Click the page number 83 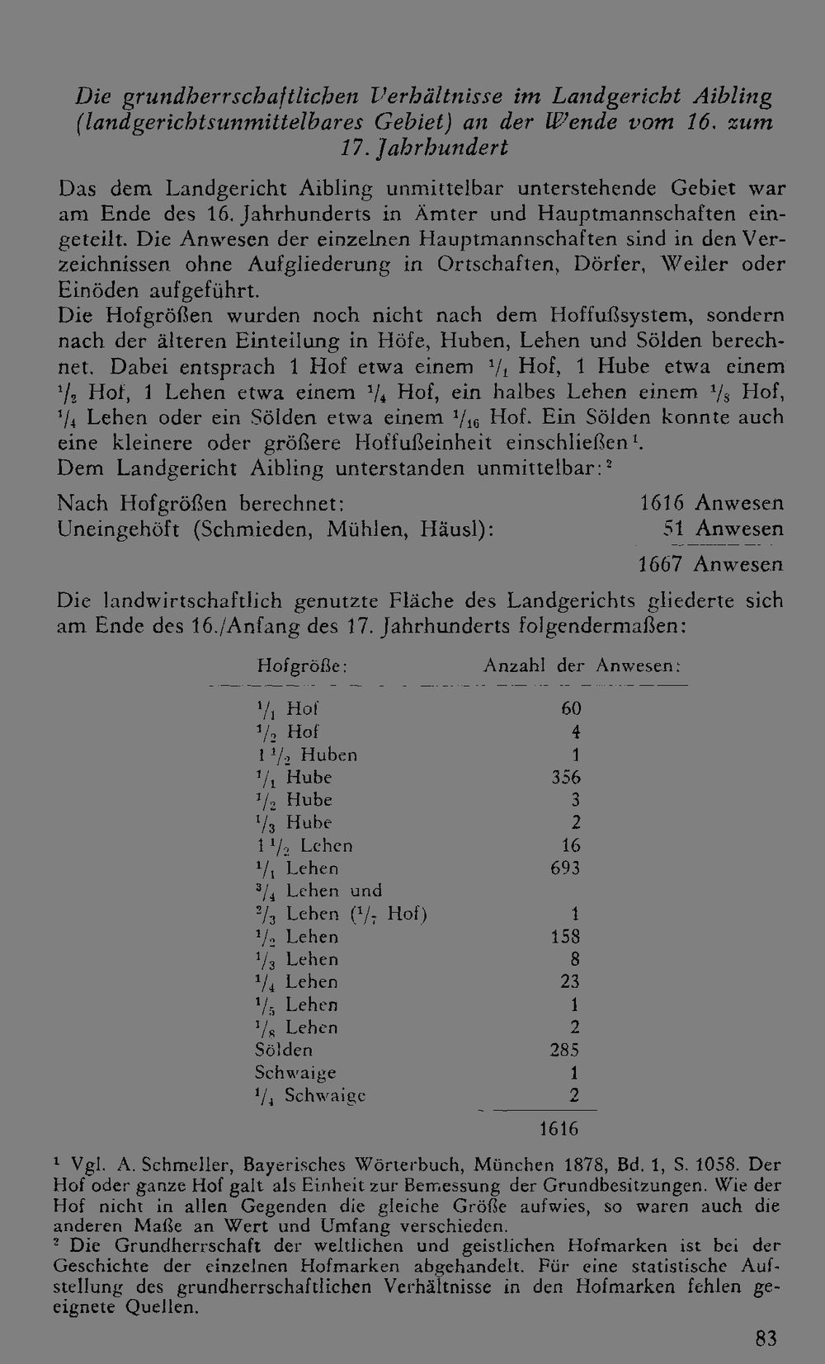click(x=766, y=1338)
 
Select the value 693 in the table click(x=565, y=868)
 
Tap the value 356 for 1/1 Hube click(x=566, y=778)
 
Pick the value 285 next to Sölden click(x=565, y=1051)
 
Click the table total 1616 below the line click(x=559, y=1129)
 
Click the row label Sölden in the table click(x=284, y=1051)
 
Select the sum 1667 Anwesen click(x=710, y=565)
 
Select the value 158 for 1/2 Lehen click(x=565, y=937)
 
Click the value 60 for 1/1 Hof click(x=571, y=709)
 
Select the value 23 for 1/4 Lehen click(x=569, y=982)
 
